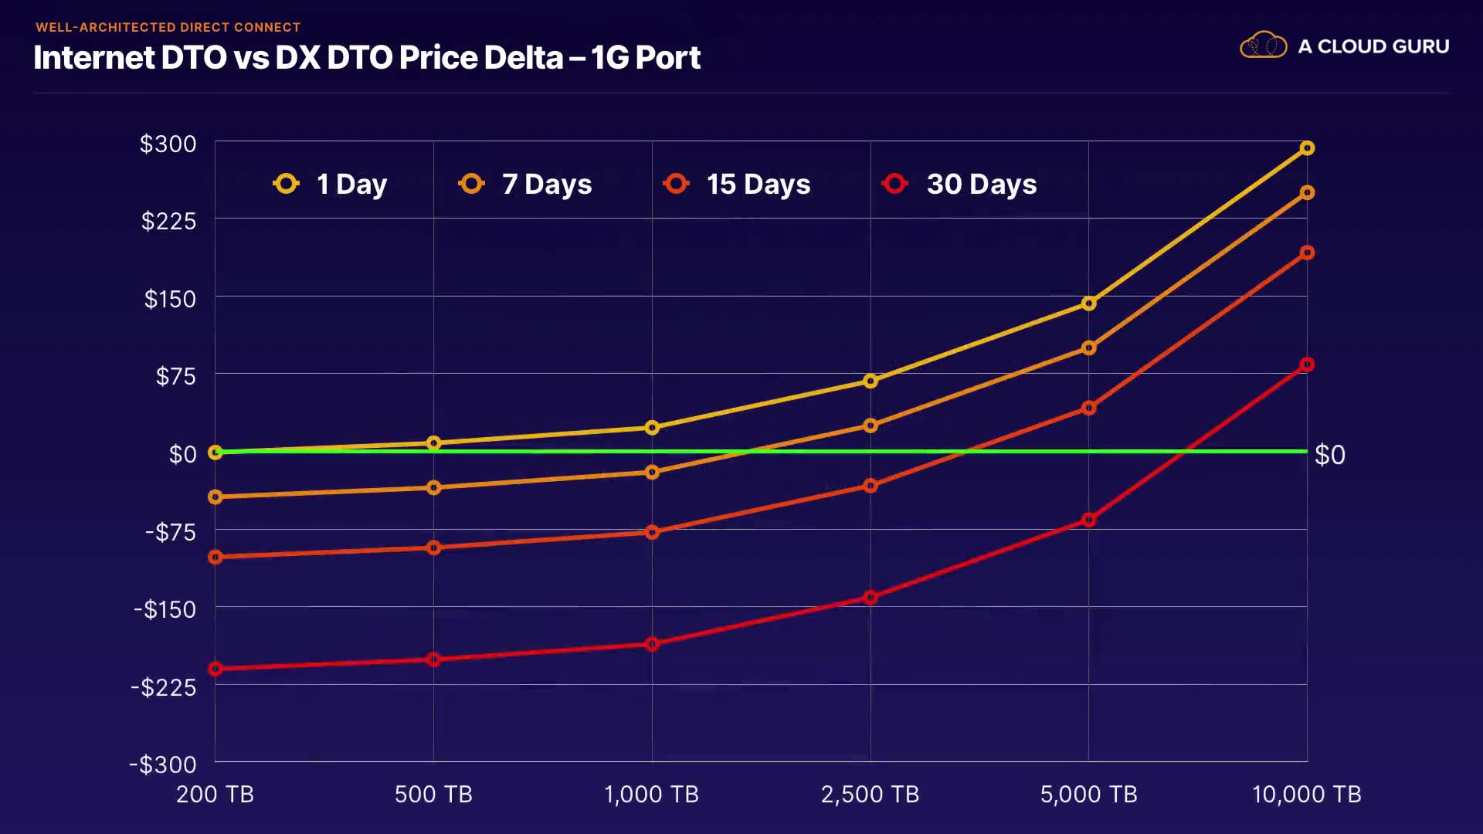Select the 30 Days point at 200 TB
pos(215,669)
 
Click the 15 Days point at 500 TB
pos(433,548)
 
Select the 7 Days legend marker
pos(471,184)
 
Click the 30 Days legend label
pos(981,185)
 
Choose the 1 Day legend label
pos(351,185)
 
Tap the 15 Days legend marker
pos(676,184)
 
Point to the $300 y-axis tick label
pos(168,144)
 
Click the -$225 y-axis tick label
pos(163,687)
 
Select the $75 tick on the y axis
pos(175,376)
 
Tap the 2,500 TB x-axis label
pos(870,794)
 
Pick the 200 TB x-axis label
pos(215,794)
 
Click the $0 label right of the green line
pos(1329,455)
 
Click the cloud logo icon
pos(1263,46)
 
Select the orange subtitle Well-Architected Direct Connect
pos(168,27)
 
